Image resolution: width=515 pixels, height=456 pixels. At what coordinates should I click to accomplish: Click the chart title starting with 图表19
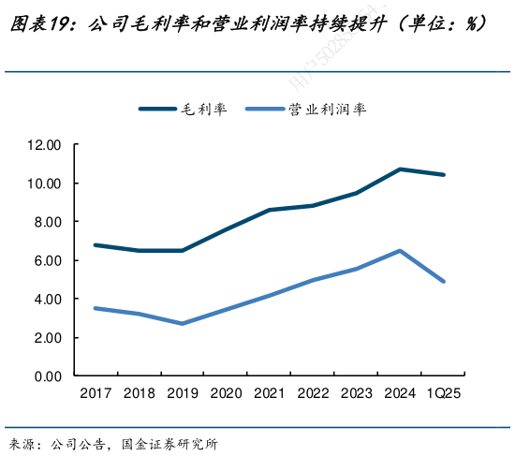coord(247,24)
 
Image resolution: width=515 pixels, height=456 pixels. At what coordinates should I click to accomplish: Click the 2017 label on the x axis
coord(96,394)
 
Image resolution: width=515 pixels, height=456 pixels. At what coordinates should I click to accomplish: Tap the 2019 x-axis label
coord(183,394)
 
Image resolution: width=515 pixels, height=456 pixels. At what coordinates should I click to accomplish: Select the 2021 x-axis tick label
coord(270,394)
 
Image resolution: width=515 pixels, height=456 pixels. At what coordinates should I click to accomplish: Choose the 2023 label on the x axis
coord(357,394)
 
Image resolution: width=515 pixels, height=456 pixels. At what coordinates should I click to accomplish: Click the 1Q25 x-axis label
coord(444,394)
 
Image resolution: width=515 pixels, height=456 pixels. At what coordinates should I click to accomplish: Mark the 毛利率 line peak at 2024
coord(400,169)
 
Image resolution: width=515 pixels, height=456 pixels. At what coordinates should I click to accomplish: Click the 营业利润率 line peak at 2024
coord(400,251)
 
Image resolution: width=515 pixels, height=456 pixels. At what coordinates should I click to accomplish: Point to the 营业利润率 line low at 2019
coord(183,323)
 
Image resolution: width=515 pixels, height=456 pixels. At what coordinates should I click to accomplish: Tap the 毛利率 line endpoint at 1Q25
coord(444,175)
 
